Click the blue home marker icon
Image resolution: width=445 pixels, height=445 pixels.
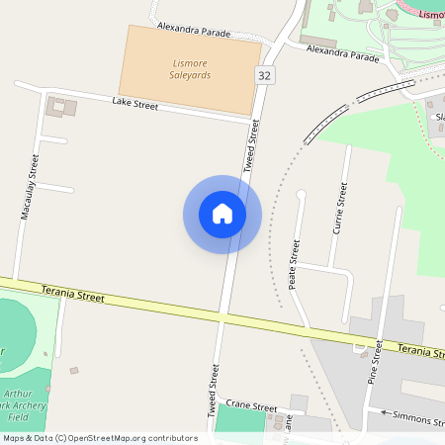pos(222,214)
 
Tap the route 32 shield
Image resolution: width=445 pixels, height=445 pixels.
pos(264,76)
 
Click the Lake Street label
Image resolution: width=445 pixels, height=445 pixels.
pos(135,103)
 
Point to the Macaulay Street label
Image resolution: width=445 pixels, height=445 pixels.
pos(30,187)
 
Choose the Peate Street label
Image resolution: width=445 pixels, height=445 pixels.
pos(294,264)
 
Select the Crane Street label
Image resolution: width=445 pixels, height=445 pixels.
pos(251,405)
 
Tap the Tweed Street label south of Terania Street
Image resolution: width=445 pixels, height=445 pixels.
pos(213,389)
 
